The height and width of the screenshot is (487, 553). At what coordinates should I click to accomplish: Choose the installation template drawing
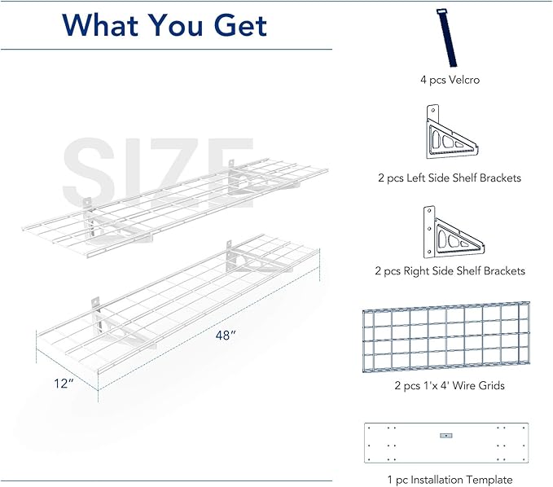445,443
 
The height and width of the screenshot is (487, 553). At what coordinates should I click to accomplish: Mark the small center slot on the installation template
445,436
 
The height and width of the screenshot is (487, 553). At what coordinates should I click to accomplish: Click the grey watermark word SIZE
147,175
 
